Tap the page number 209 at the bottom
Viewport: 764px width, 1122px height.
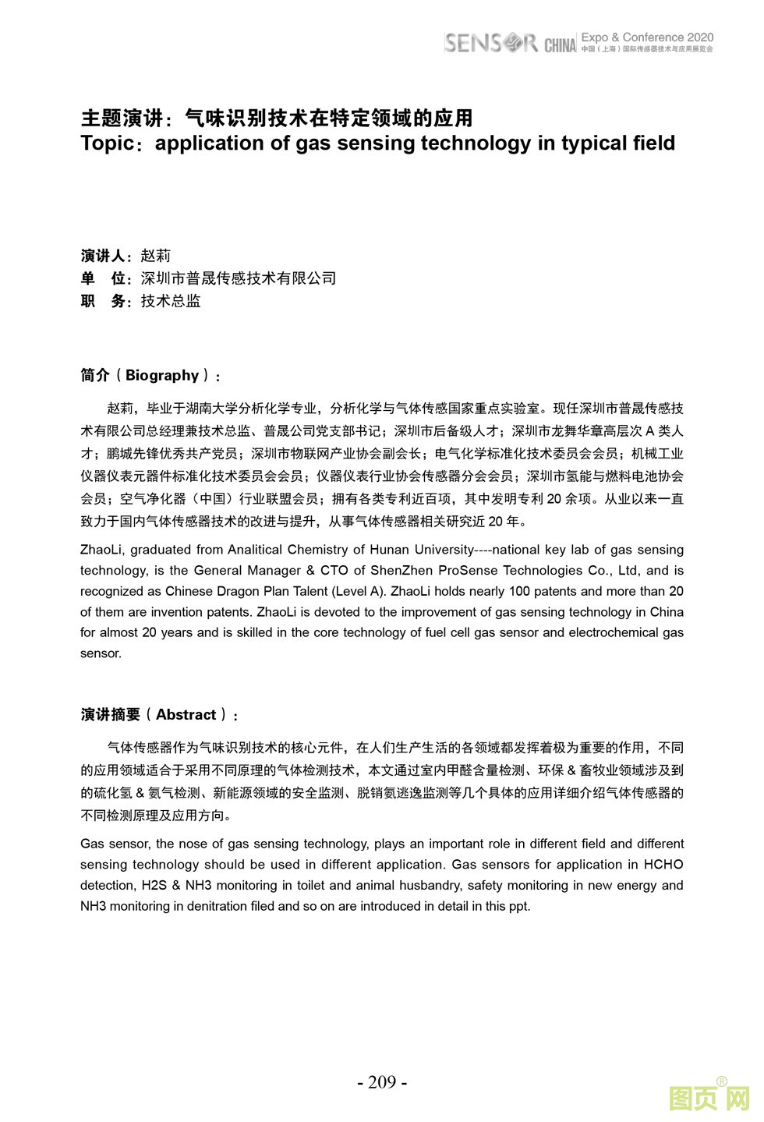click(382, 1082)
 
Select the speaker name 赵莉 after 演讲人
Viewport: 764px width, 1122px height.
click(155, 256)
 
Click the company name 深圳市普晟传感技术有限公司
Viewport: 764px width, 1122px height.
click(238, 278)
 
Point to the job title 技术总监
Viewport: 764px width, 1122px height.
click(171, 301)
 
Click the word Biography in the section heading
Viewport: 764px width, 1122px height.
click(162, 375)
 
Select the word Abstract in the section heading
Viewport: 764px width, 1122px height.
click(186, 714)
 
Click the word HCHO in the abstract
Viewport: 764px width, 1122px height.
click(663, 865)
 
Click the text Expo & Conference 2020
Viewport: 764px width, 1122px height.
click(647, 37)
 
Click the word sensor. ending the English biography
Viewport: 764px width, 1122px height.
click(101, 653)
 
